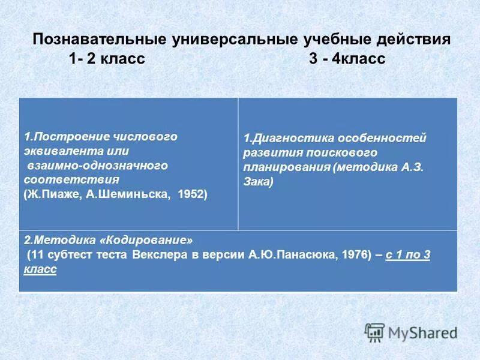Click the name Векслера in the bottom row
pos(165,256)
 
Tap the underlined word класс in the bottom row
pos(40,270)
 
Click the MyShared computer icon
pos(374,332)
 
